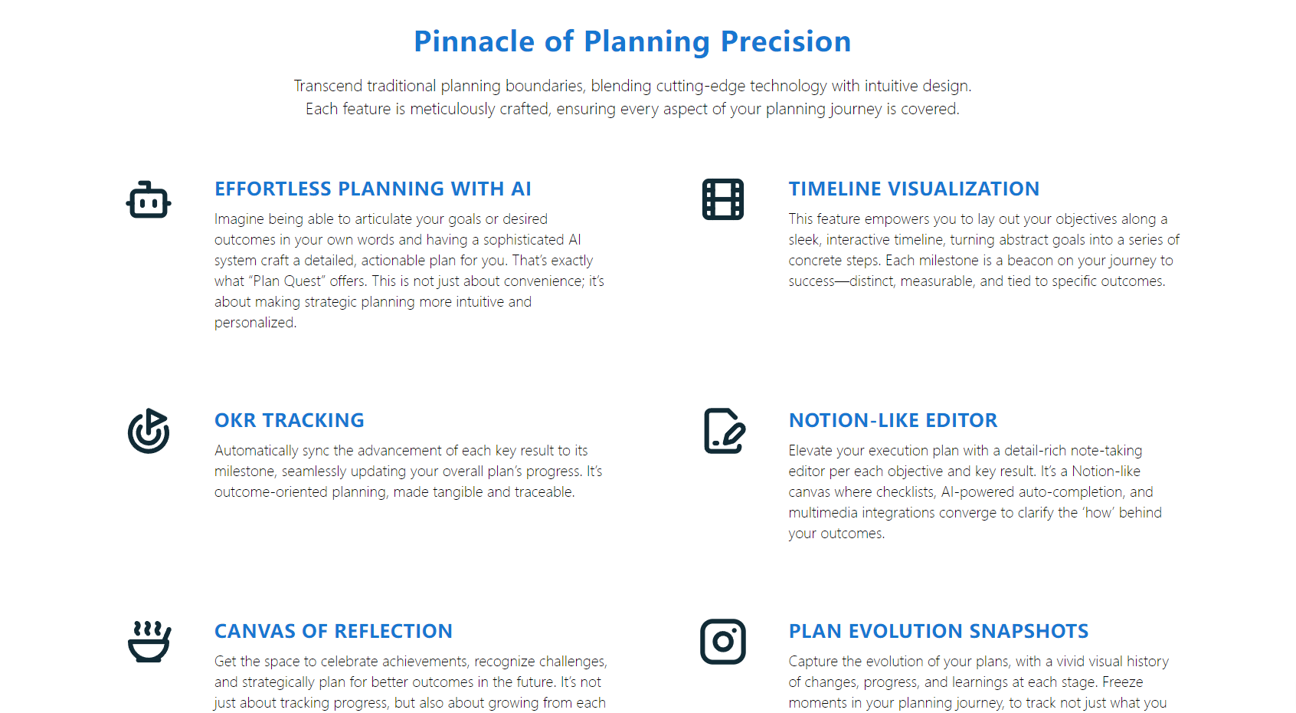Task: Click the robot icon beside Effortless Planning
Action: [x=149, y=200]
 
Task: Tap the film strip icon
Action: [x=723, y=199]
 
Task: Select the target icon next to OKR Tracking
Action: [x=149, y=431]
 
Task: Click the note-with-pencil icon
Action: [x=724, y=431]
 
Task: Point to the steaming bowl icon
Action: [x=149, y=642]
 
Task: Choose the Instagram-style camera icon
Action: [x=723, y=642]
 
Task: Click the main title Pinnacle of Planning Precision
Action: [x=632, y=41]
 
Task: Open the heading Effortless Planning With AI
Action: [x=372, y=189]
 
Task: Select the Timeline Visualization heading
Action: [x=914, y=189]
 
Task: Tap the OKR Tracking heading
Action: [x=289, y=420]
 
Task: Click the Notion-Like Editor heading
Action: [x=893, y=420]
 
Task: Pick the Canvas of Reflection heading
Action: [x=333, y=631]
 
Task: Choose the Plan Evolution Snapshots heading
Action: [x=938, y=631]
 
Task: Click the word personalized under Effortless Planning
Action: [x=254, y=323]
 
